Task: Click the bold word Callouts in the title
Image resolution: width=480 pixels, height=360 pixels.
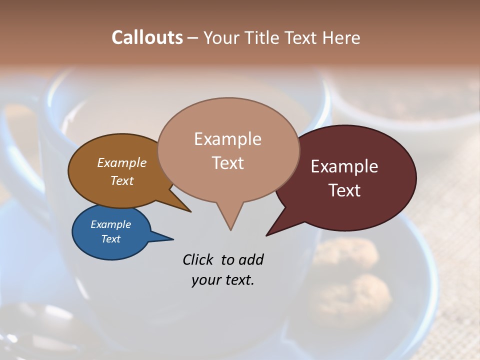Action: pyautogui.click(x=147, y=37)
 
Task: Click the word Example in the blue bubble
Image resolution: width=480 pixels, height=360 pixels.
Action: pyautogui.click(x=110, y=224)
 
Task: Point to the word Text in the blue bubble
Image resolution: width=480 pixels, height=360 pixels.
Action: pyautogui.click(x=110, y=239)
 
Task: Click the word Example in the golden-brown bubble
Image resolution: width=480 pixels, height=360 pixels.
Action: pyautogui.click(x=121, y=162)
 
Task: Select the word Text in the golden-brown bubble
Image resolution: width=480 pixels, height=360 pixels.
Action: pyautogui.click(x=121, y=180)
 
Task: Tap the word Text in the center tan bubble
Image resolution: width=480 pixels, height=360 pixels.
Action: pyautogui.click(x=227, y=162)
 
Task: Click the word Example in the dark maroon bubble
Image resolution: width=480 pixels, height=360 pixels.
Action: pyautogui.click(x=344, y=166)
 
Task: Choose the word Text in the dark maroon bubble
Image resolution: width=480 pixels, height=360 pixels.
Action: pyautogui.click(x=344, y=190)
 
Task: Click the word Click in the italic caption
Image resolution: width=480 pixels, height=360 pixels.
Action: pyautogui.click(x=199, y=259)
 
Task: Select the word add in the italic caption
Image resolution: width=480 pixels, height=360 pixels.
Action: pyautogui.click(x=251, y=259)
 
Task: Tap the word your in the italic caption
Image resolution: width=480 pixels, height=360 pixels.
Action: pyautogui.click(x=204, y=280)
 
